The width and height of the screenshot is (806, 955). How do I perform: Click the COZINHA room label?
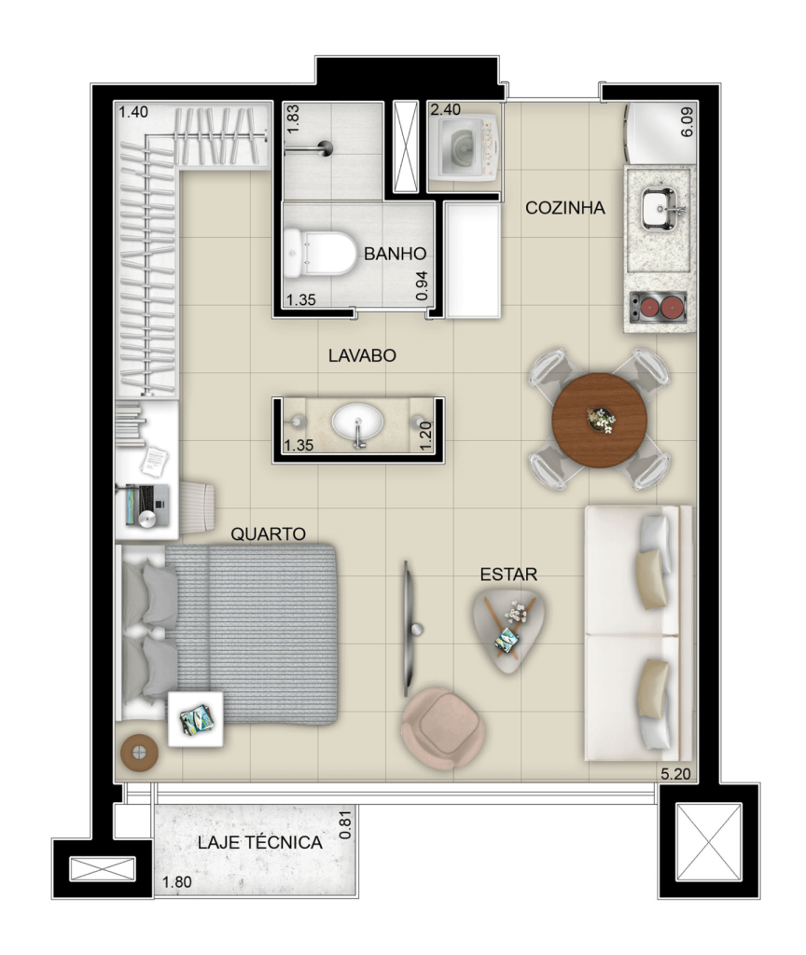pyautogui.click(x=564, y=208)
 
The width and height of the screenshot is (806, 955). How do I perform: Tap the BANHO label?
pyautogui.click(x=395, y=254)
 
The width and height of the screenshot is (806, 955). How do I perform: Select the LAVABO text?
pyautogui.click(x=362, y=355)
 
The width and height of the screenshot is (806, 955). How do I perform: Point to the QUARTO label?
pyautogui.click(x=268, y=534)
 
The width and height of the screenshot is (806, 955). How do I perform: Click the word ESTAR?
pyautogui.click(x=508, y=574)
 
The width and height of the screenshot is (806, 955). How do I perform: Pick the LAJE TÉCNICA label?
pyautogui.click(x=259, y=842)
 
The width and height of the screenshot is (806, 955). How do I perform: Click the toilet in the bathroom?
pyautogui.click(x=321, y=252)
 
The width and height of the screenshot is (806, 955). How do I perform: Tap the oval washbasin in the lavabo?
pyautogui.click(x=357, y=422)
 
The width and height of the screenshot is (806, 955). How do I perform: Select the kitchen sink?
pyautogui.click(x=659, y=209)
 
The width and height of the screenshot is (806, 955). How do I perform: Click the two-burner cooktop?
pyautogui.click(x=659, y=307)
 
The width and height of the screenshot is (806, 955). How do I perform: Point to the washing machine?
pyautogui.click(x=465, y=148)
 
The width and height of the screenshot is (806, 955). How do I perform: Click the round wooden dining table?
pyautogui.click(x=600, y=421)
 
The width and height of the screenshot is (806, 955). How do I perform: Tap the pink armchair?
pyautogui.click(x=443, y=728)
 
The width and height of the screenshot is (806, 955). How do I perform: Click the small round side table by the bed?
pyautogui.click(x=140, y=753)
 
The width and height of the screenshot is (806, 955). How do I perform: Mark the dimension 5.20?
pyautogui.click(x=675, y=774)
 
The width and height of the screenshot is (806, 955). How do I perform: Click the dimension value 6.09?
pyautogui.click(x=687, y=122)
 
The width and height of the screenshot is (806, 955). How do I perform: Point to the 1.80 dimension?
pyautogui.click(x=176, y=882)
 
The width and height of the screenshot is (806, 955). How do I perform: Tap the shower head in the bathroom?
pyautogui.click(x=325, y=148)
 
